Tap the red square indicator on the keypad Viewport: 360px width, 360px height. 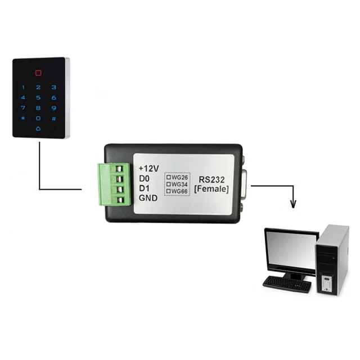(x=38, y=73)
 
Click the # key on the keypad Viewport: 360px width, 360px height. (x=54, y=119)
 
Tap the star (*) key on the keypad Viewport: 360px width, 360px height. (x=23, y=119)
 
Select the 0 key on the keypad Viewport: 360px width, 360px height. (x=38, y=119)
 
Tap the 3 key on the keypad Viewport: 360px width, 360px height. (x=54, y=87)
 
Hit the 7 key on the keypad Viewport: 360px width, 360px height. (x=23, y=108)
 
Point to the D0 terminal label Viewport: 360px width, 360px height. (x=144, y=179)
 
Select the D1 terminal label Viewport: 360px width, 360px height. (x=144, y=188)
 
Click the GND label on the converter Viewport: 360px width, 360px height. (x=148, y=198)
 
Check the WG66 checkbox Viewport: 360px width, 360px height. (x=168, y=192)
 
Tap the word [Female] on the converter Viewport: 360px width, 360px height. (x=211, y=190)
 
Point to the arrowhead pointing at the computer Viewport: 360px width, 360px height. (x=292, y=204)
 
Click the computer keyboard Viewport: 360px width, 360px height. (x=287, y=283)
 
